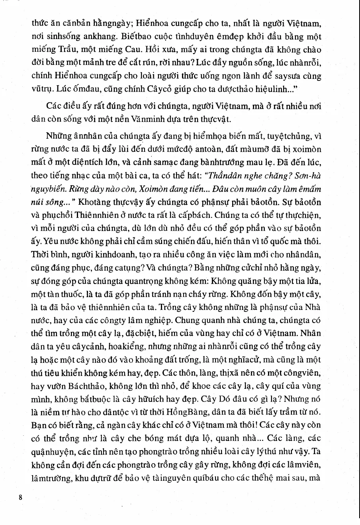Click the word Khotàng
coord(96,202)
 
